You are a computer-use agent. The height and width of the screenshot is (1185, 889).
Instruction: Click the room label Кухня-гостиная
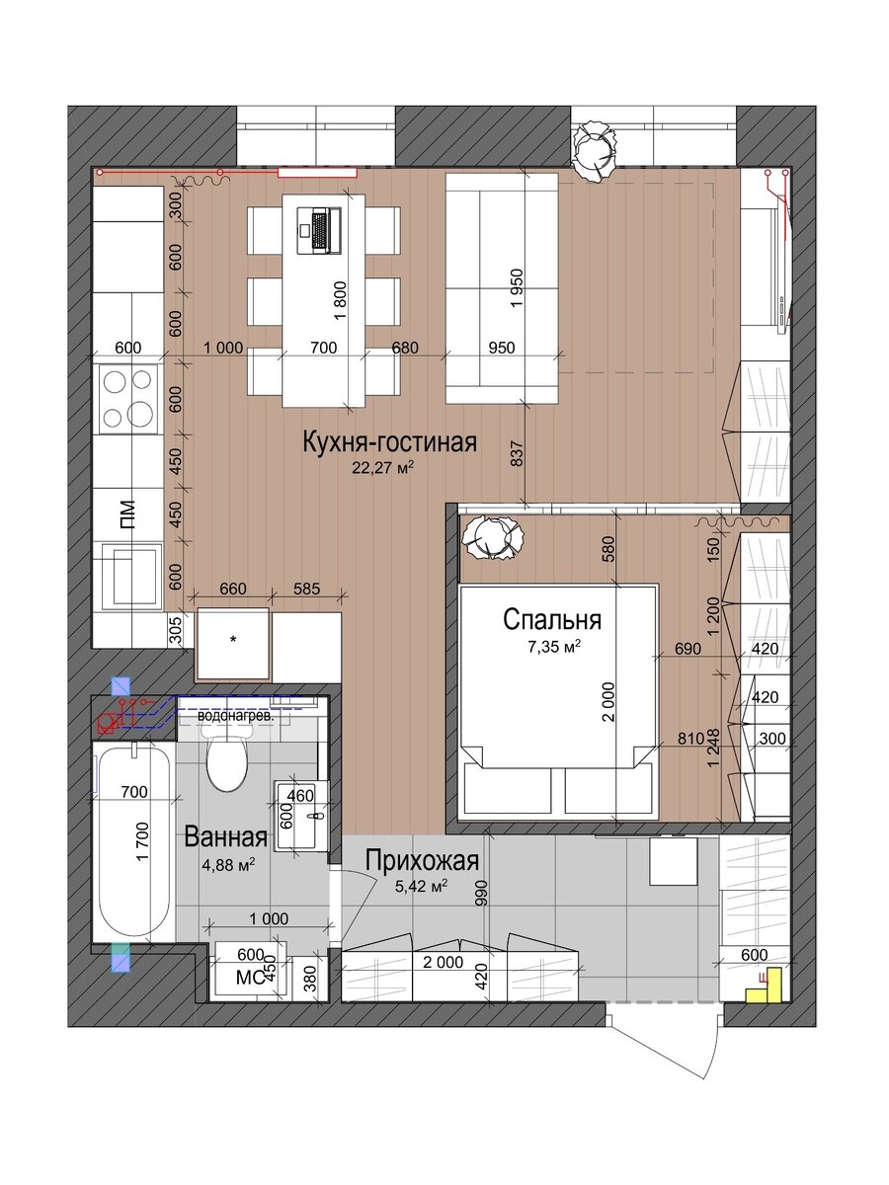[390, 442]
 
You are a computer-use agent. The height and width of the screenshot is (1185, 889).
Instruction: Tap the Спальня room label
[551, 620]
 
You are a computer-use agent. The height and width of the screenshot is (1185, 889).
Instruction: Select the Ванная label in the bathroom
[225, 836]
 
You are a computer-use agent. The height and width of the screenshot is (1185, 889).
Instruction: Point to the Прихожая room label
[422, 860]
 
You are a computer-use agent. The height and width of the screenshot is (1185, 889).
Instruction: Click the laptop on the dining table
[319, 230]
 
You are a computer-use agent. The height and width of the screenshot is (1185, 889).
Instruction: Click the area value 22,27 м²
[382, 467]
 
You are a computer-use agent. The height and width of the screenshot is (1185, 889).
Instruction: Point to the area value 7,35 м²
[554, 647]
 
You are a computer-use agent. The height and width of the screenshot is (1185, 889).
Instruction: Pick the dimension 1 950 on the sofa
[517, 287]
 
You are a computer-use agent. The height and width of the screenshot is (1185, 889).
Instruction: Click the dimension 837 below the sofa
[517, 454]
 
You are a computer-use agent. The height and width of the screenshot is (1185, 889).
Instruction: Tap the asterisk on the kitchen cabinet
[233, 640]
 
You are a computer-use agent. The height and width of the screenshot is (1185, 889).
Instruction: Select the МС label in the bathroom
[249, 978]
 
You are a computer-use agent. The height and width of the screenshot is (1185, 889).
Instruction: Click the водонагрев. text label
[236, 716]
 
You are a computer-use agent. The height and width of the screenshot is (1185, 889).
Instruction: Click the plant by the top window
[595, 149]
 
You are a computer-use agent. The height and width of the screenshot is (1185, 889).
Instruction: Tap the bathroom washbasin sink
[301, 816]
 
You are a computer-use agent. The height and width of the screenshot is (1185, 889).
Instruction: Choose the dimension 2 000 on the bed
[607, 702]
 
